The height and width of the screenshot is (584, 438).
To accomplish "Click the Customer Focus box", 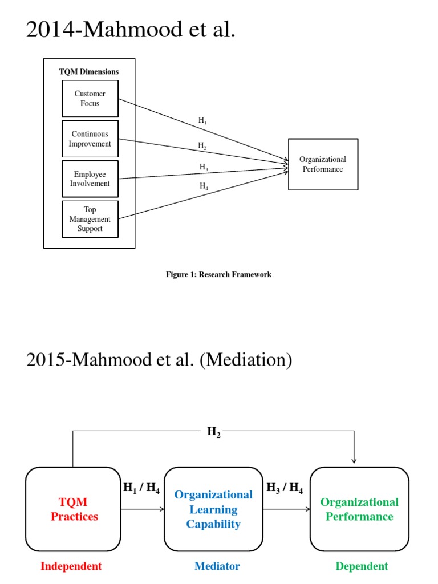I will (90, 99).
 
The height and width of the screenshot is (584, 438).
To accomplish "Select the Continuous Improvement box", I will (90, 139).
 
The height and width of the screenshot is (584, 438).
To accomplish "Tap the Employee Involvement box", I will (90, 179).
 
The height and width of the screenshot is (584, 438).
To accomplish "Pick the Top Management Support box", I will (90, 219).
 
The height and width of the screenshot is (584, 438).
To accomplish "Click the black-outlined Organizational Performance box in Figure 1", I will (323, 164).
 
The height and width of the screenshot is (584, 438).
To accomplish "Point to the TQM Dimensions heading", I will (89, 72).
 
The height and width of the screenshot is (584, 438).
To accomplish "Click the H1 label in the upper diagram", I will (202, 120).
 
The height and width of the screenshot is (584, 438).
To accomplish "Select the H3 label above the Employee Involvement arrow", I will (204, 167).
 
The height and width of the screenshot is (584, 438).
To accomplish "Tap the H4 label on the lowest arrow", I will (204, 186).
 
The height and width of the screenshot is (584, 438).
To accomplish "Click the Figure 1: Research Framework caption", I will (218, 274).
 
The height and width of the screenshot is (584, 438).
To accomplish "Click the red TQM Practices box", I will (74, 509).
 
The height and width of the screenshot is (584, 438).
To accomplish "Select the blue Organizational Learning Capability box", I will (213, 509).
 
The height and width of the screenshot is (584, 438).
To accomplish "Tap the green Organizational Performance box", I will (359, 509).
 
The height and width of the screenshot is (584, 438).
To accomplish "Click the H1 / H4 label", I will (141, 488).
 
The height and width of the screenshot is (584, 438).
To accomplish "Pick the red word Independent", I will (71, 566).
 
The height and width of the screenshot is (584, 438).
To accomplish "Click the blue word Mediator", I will (217, 566).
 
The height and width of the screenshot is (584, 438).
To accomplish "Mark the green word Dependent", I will (362, 566).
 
